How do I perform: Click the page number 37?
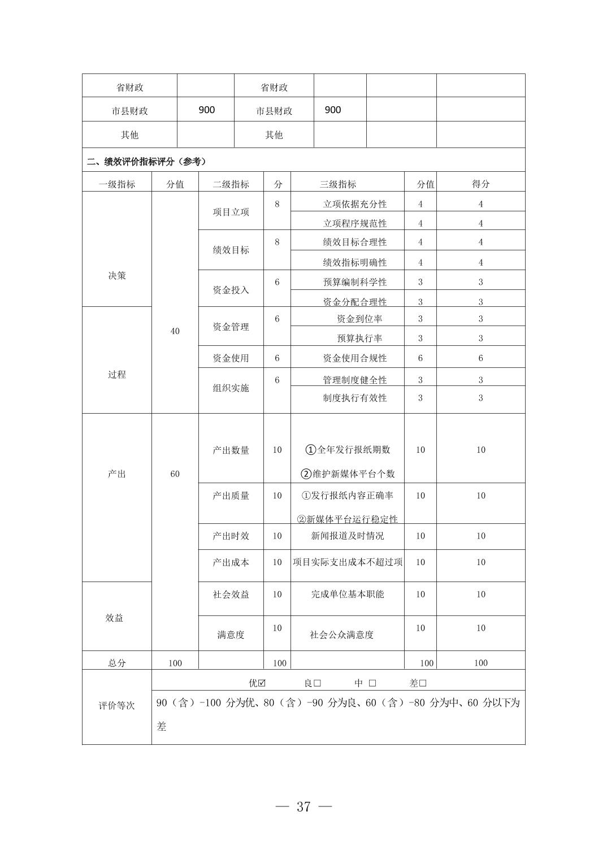point(303,806)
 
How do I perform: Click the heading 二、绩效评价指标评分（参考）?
point(146,162)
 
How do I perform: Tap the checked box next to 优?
point(262,683)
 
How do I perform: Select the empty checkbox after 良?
point(317,683)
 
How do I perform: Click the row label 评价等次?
point(117,706)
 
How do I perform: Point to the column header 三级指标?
point(338,184)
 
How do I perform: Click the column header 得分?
point(480,184)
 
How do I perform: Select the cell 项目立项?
point(231,212)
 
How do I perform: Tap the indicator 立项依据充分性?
point(355,204)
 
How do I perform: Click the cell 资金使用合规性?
point(355,358)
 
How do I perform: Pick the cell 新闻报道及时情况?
point(348,536)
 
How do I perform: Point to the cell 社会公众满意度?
point(341,635)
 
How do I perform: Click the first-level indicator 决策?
point(117,276)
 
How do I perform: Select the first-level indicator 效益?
point(114,618)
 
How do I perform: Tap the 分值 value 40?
point(175,331)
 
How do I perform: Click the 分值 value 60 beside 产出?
point(175,474)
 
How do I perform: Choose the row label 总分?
point(117,663)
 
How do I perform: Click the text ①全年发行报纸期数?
point(348,450)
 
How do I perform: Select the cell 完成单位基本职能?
point(348,595)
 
